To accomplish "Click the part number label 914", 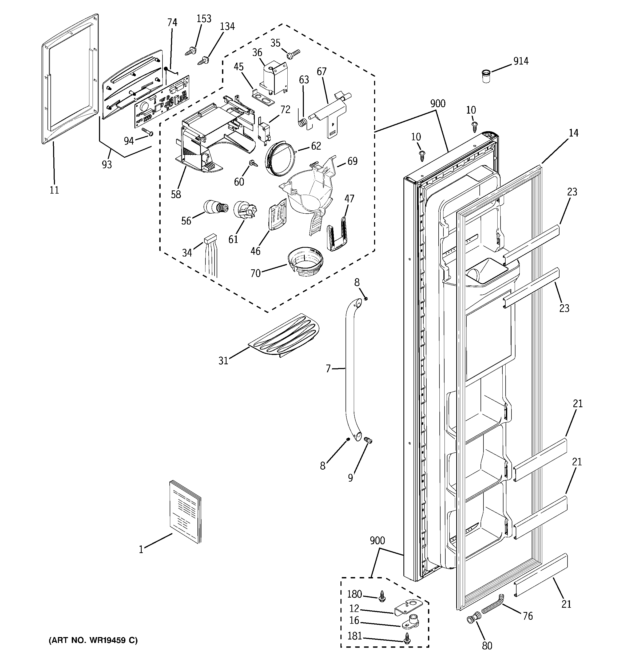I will (x=521, y=61).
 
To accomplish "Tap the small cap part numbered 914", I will (x=486, y=76).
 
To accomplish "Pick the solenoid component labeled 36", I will (x=273, y=78).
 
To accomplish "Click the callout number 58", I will (x=176, y=194).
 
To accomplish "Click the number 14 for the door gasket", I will (x=573, y=133).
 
